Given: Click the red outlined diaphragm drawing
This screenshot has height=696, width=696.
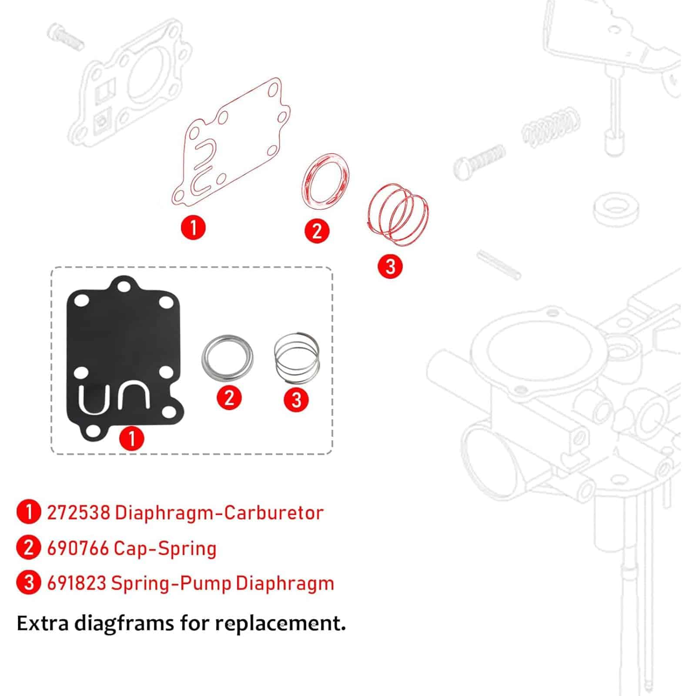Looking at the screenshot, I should tap(231, 144).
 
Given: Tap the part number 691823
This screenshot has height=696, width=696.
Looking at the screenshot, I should tap(77, 583).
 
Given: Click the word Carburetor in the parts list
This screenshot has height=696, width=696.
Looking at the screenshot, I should tap(274, 513).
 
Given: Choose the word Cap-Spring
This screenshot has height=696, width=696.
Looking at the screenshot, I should tap(165, 549).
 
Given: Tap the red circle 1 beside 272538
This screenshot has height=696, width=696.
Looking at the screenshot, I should tap(29, 512).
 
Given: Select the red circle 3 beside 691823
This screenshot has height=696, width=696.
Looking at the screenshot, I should tap(29, 583).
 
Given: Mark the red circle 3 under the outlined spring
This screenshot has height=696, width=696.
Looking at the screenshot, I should tap(390, 266).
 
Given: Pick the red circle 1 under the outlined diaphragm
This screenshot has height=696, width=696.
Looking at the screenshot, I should tap(193, 227).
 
